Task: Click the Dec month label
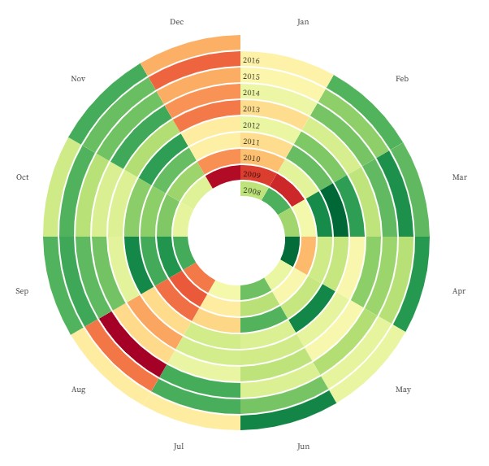coord(177,22)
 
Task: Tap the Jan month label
coord(303,22)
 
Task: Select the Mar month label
coord(460,176)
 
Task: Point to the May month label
coord(403,390)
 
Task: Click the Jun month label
coord(303,446)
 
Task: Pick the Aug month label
coord(78,390)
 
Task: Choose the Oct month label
coord(23,176)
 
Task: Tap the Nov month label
coord(78,79)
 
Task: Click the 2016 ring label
coord(251,60)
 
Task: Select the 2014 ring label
coord(251,93)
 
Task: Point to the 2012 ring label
coord(251,125)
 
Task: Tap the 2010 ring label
coord(251,158)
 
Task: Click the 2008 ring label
coord(251,190)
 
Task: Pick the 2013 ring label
coord(251,109)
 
